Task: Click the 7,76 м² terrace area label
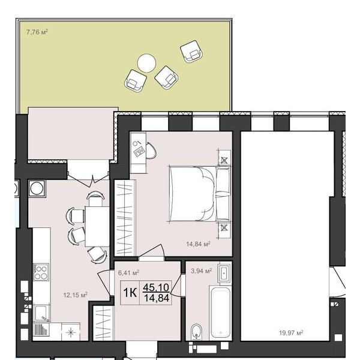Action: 37,32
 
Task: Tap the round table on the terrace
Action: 146,63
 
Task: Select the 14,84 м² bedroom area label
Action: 198,244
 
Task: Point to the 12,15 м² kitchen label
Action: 76,295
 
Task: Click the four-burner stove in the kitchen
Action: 41,272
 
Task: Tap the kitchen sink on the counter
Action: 41,313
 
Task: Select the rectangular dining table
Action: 97,226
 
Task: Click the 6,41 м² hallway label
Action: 128,273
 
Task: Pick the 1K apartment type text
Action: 130,293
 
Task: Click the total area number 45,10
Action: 156,287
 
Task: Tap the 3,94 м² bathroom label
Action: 202,271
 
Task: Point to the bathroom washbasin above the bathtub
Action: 224,273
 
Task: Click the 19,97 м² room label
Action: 291,332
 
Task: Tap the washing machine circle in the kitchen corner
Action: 37,188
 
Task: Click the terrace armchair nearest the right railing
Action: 191,52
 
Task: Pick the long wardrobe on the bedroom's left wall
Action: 125,218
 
